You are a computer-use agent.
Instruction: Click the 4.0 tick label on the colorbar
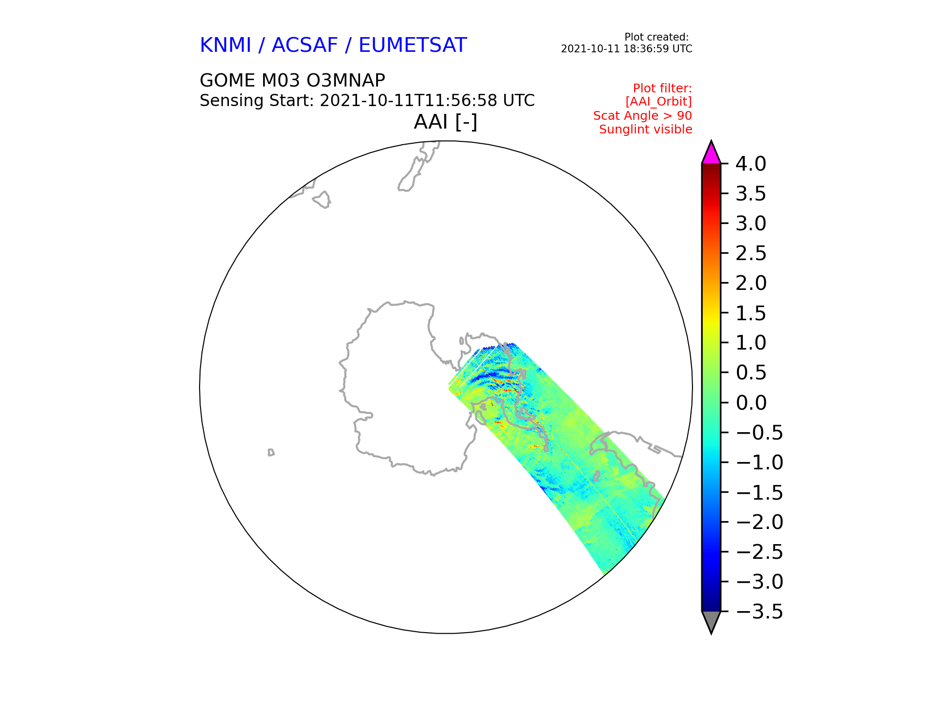tap(751, 164)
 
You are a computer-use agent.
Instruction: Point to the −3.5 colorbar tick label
tap(759, 612)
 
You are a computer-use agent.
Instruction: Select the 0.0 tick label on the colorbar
tap(751, 403)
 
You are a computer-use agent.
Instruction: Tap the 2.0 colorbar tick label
tap(751, 283)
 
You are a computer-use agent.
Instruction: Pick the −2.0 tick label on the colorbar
tap(759, 522)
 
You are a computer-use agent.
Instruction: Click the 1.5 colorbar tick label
tap(751, 313)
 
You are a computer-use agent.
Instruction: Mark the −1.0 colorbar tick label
tap(759, 462)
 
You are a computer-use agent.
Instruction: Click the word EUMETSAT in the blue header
tap(413, 45)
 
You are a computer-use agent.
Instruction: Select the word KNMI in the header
tap(225, 45)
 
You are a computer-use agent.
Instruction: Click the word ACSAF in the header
tap(305, 45)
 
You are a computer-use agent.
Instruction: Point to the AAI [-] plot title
tap(446, 122)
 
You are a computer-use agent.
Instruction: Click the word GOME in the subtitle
tap(227, 80)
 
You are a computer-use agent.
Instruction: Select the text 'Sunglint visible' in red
tap(646, 130)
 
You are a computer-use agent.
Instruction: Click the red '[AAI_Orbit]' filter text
tap(659, 102)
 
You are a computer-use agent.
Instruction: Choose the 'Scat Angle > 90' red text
tap(643, 116)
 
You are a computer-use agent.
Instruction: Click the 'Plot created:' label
tap(657, 37)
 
